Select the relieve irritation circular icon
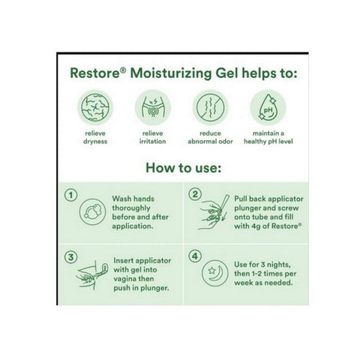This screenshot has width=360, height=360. tap(150, 108)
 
